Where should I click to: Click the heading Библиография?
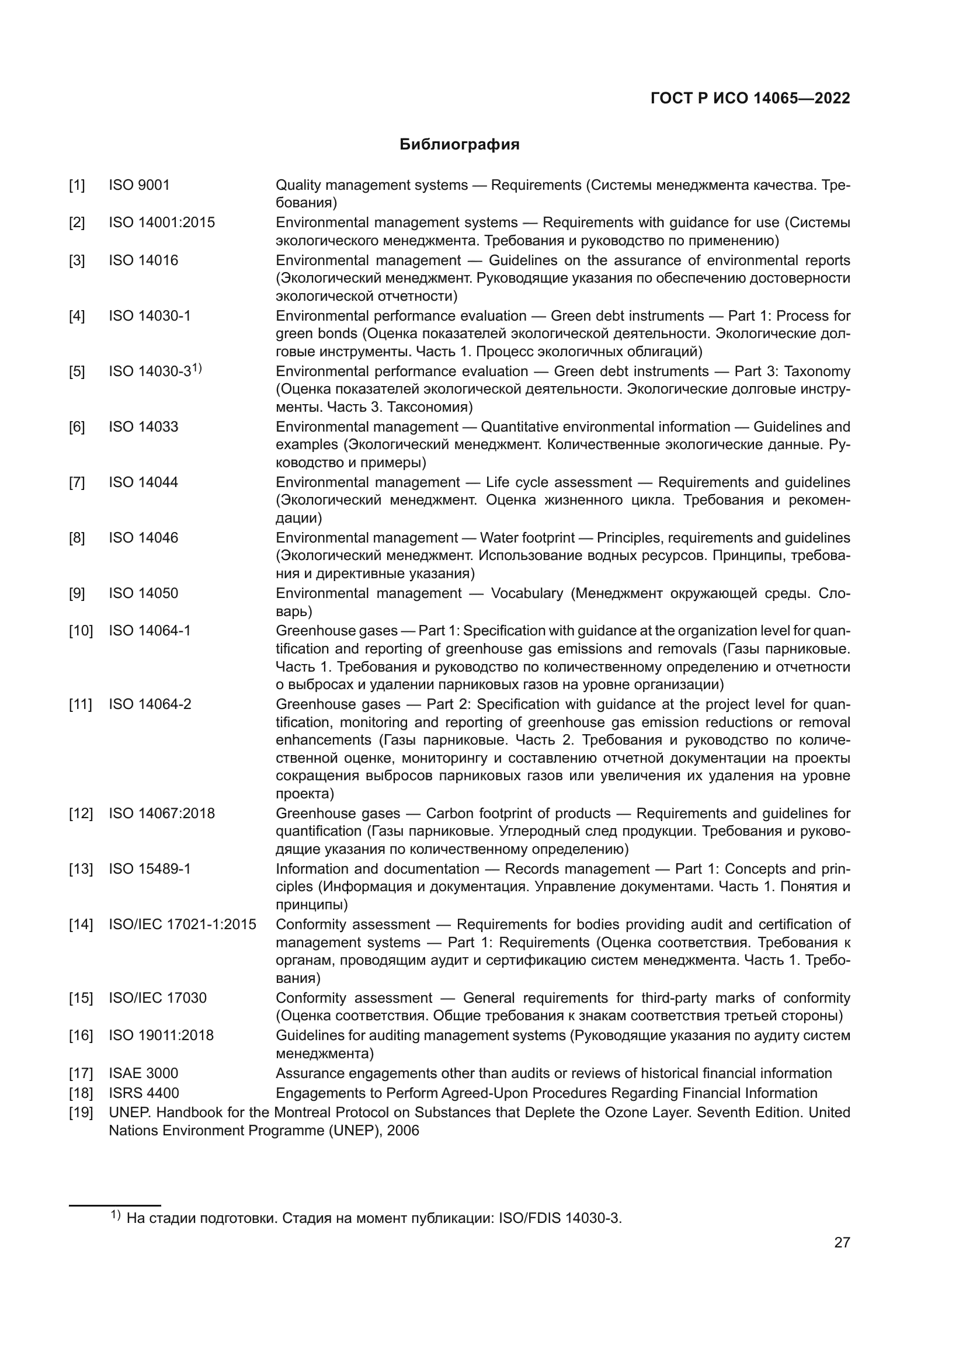tap(459, 145)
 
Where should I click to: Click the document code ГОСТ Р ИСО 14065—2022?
tap(750, 98)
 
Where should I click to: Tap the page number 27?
tap(842, 1242)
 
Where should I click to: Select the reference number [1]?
tap(77, 186)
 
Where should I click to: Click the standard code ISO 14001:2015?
tap(162, 223)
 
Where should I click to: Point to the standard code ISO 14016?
tap(143, 260)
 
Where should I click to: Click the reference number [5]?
tap(77, 372)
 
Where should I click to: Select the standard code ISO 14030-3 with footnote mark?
tap(155, 371)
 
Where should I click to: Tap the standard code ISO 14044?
tap(143, 482)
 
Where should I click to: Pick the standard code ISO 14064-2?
tap(150, 704)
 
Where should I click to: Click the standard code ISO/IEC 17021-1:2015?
tap(183, 924)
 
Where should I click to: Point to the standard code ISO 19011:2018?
tap(161, 1036)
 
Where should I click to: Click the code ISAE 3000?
tap(143, 1073)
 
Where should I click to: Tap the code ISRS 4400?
tap(144, 1093)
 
